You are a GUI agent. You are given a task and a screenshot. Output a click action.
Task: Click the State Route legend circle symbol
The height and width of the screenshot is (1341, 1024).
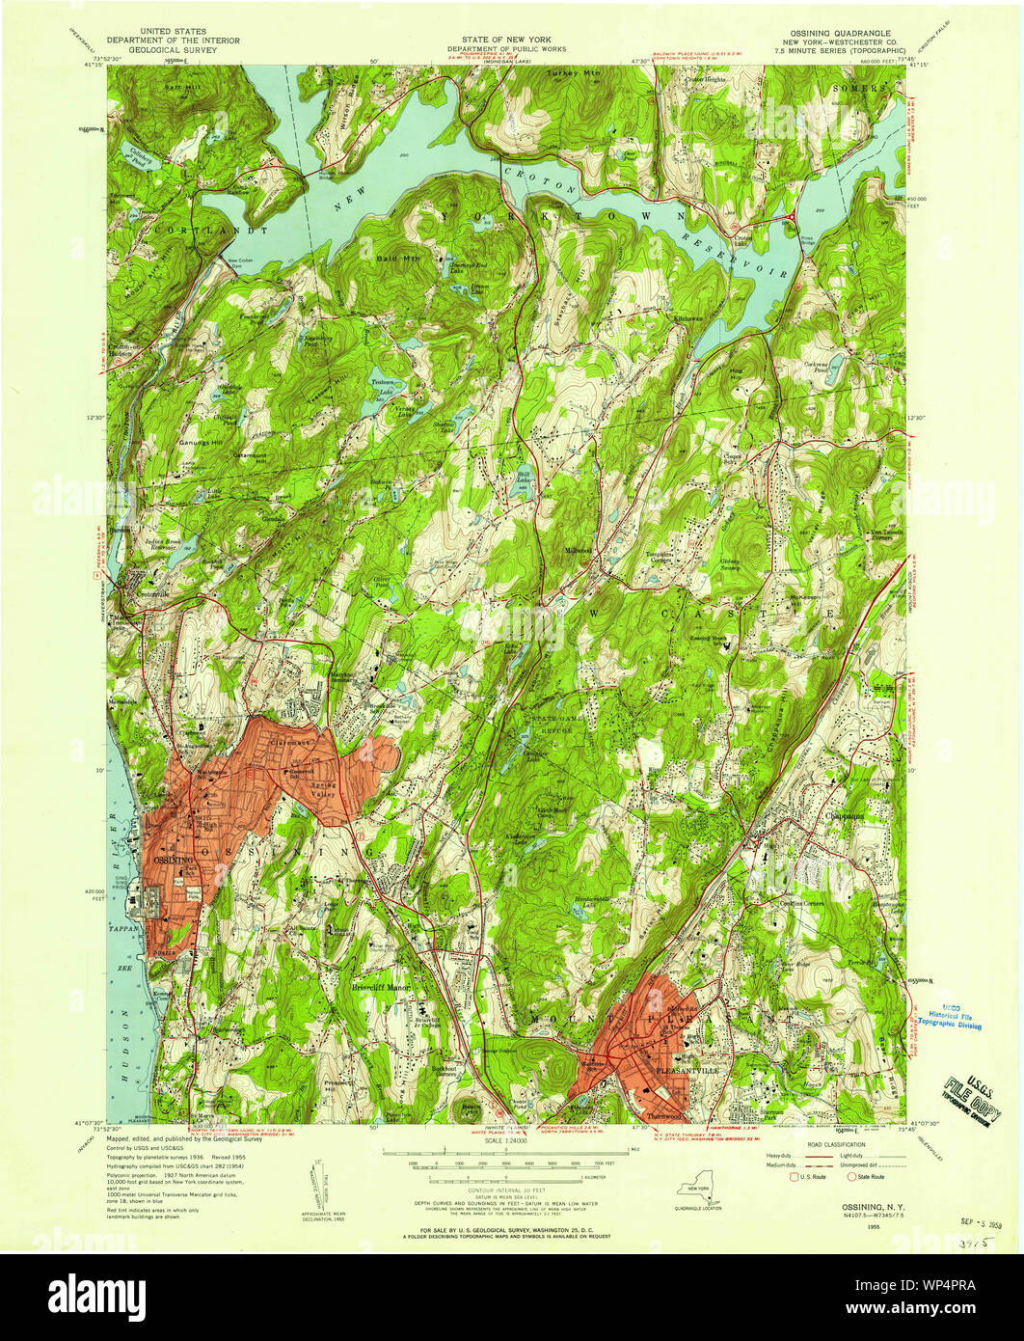click(x=851, y=1177)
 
